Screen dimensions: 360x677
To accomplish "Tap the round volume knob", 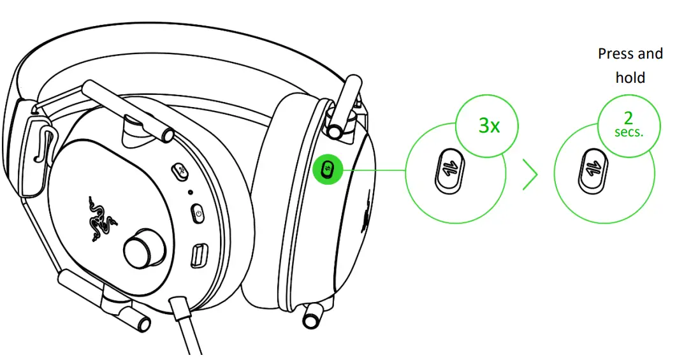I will (x=138, y=251).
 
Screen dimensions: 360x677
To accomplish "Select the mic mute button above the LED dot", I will (x=181, y=170).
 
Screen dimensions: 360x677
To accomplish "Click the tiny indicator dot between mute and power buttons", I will (x=191, y=192).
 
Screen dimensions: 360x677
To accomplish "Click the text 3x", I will (x=489, y=126).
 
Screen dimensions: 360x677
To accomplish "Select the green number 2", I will (x=628, y=119).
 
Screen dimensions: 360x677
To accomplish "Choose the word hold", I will (x=630, y=78).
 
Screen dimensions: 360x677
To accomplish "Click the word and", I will (x=650, y=54).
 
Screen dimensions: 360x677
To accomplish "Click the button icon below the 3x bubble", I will (x=448, y=171).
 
